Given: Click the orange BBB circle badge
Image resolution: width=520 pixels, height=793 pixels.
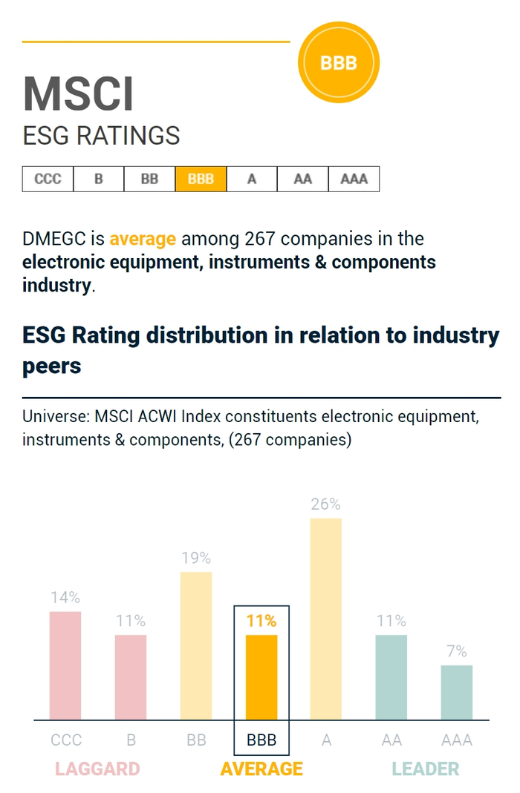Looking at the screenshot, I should tap(338, 63).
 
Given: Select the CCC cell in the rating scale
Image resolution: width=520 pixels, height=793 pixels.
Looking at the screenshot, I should tap(48, 179).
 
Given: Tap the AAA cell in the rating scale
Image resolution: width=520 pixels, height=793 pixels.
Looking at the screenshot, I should tap(354, 179).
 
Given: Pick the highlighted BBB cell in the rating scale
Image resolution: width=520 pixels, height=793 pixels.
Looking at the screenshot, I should tap(201, 179).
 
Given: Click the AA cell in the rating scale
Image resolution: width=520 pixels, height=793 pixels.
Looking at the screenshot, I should tap(302, 179).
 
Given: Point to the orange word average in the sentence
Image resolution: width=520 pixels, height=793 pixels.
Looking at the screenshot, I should tap(143, 239).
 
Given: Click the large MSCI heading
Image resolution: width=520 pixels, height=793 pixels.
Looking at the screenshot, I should tap(79, 94).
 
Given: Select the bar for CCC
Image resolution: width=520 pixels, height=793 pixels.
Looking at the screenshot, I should tap(65, 665).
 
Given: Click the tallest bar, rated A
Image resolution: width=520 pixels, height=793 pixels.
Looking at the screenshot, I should tap(326, 619).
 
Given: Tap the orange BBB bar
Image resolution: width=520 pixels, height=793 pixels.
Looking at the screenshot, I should tap(261, 677).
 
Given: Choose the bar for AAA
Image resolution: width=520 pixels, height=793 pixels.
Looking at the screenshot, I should tap(456, 692).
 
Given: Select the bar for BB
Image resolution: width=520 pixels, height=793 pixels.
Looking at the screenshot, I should tap(196, 645).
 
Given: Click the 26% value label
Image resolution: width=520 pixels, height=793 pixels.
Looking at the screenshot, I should tap(326, 504).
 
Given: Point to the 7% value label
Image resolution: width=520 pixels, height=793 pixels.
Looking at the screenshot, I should tap(456, 651).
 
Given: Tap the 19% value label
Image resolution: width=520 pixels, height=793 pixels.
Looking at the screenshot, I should tap(196, 558).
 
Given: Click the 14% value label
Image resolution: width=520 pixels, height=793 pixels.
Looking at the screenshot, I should tap(65, 597).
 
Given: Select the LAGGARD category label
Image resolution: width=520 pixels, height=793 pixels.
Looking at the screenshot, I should tap(97, 769).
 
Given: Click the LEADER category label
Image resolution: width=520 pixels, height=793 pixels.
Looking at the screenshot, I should tap(426, 769).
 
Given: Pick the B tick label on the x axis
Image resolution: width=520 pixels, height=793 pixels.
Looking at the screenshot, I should tap(131, 740).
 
